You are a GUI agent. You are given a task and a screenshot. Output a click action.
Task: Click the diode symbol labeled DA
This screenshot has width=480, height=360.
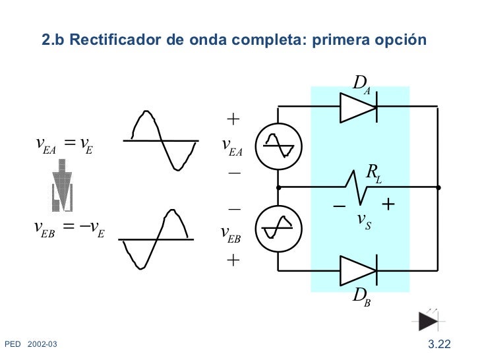[358, 106]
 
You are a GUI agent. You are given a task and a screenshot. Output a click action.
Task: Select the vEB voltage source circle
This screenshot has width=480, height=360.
[278, 229]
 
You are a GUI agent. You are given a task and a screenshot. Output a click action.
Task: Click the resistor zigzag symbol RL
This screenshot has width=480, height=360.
[358, 188]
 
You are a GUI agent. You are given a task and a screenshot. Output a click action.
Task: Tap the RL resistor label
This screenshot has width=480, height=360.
[374, 175]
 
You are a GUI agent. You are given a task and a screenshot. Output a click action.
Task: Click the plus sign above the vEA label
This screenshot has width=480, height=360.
[233, 119]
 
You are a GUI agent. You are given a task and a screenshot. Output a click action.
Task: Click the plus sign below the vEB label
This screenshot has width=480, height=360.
[233, 260]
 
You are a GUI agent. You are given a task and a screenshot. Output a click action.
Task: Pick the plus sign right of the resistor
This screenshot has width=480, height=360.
[388, 205]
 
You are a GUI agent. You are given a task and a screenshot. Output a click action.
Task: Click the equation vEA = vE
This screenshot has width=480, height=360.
[64, 144]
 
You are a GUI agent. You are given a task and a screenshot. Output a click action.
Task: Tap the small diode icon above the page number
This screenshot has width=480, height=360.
[429, 320]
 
